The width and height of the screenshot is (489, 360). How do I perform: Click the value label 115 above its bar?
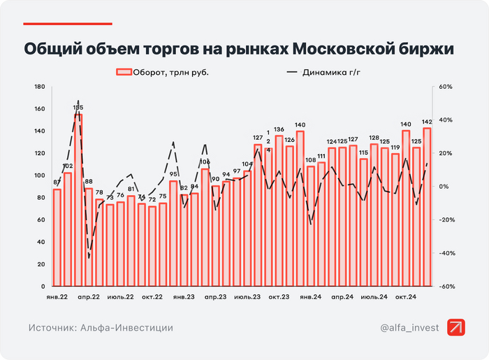coord(363,152)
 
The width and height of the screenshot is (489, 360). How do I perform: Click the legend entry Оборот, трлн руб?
coord(162,72)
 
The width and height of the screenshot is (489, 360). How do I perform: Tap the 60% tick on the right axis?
coord(445,87)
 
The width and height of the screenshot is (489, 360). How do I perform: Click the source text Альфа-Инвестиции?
coord(125,327)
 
